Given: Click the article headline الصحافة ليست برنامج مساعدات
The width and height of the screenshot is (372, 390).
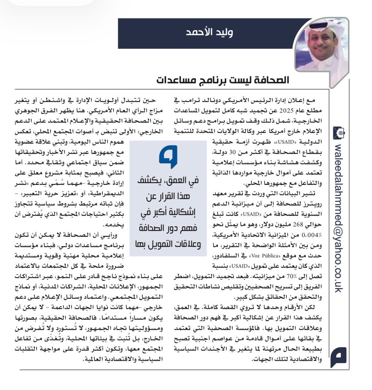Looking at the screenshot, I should click(x=222, y=80).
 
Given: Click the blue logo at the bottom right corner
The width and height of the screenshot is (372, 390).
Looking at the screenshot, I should click(x=339, y=357).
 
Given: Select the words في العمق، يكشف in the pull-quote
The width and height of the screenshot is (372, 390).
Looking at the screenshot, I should click(x=168, y=180).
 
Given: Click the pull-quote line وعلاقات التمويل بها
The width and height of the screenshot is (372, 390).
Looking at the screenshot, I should click(x=168, y=244).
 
